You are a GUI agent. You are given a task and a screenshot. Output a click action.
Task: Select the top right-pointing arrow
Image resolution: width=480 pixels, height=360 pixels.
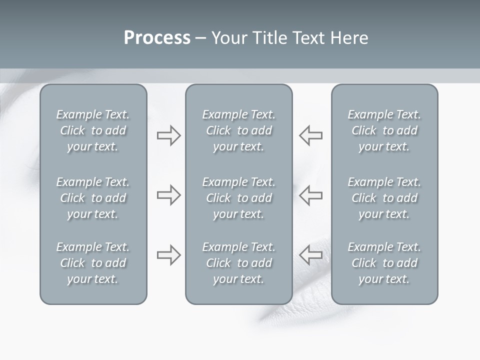(x=168, y=135)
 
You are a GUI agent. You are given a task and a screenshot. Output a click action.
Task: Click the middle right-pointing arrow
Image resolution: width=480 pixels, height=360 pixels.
(x=168, y=195)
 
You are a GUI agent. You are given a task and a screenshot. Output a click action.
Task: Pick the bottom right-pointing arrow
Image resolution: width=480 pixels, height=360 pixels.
(x=168, y=255)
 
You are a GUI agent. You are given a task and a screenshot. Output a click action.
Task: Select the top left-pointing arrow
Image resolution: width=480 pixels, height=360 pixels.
(x=310, y=135)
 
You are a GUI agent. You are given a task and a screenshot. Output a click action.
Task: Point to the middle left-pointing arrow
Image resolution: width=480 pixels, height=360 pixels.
(x=310, y=195)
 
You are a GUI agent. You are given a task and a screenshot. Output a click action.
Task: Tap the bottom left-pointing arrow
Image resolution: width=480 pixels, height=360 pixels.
(x=310, y=255)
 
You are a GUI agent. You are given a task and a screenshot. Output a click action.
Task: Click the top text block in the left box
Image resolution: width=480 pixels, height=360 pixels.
(x=93, y=130)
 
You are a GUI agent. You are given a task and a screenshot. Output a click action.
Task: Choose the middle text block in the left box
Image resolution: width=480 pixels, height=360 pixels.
(x=93, y=198)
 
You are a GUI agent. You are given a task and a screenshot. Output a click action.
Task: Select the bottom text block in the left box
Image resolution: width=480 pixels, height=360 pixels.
(x=93, y=263)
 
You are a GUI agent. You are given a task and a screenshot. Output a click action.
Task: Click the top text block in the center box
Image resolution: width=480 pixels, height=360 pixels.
(x=238, y=130)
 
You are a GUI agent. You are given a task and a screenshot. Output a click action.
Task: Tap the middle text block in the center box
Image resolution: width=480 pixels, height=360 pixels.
(x=238, y=198)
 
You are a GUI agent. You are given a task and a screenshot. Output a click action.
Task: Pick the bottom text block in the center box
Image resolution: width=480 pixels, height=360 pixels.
(x=238, y=263)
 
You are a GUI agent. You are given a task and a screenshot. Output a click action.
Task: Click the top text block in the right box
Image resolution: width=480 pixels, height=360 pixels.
(x=384, y=130)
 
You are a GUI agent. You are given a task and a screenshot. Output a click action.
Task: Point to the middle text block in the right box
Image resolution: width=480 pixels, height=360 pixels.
(x=384, y=198)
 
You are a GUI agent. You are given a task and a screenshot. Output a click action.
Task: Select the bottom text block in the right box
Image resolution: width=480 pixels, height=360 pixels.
(x=384, y=263)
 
